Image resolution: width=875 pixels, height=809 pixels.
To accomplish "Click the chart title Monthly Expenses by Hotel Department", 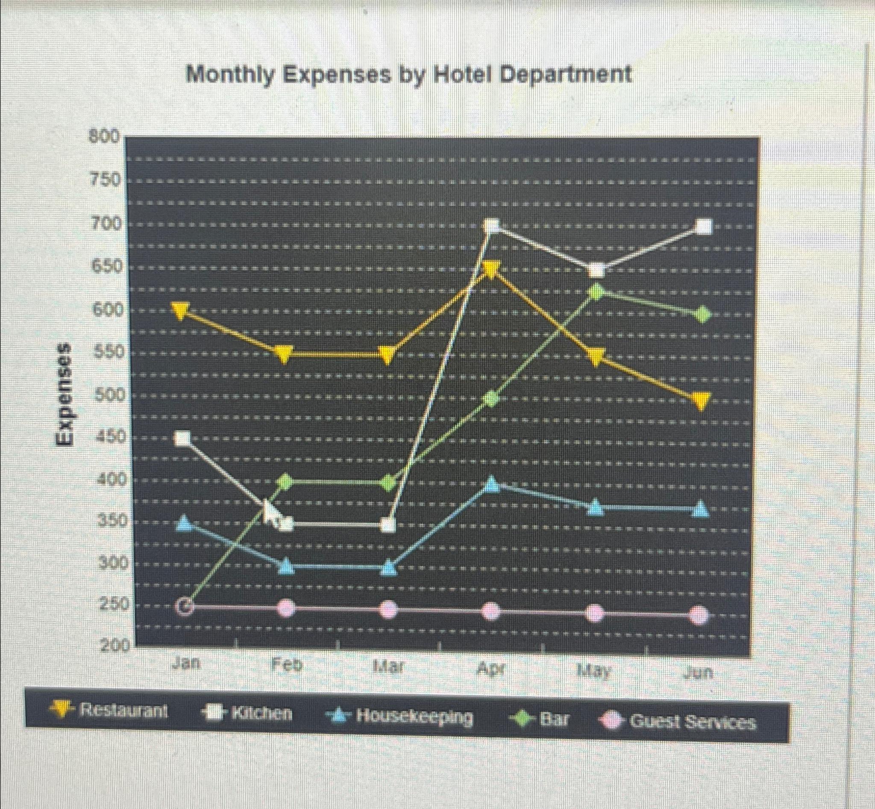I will pyautogui.click(x=408, y=74).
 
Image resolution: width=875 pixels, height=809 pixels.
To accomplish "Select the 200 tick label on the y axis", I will pyautogui.click(x=115, y=646).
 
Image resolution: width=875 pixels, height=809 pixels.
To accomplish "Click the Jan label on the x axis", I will pyautogui.click(x=186, y=664).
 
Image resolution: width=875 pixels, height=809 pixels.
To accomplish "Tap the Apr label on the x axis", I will pyautogui.click(x=491, y=669).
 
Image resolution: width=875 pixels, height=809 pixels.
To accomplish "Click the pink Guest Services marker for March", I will pyautogui.click(x=388, y=610).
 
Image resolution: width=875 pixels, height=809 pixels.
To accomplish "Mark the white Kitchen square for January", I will pyautogui.click(x=182, y=438).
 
